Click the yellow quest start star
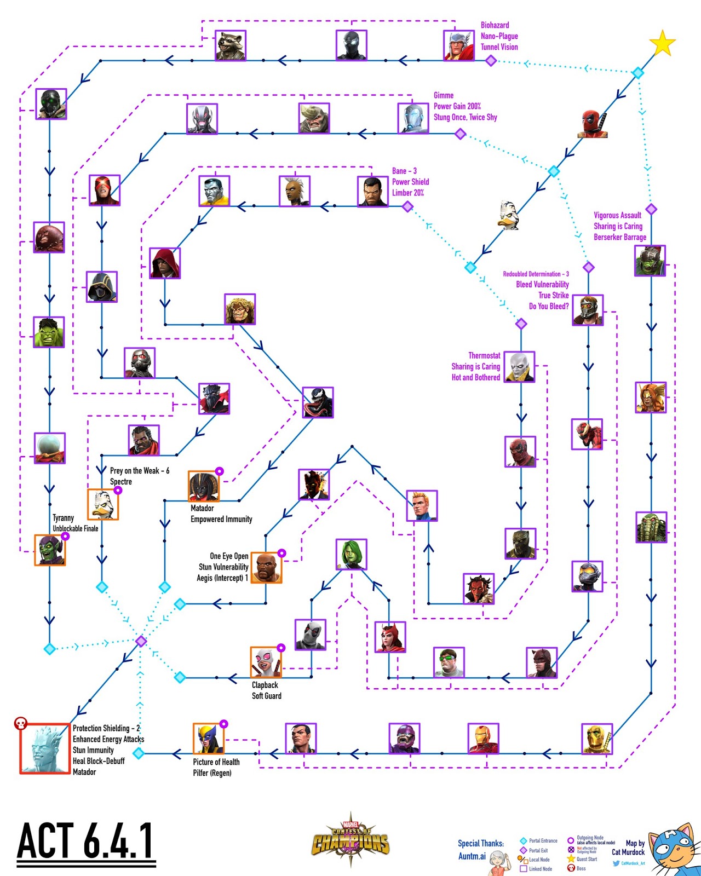coord(662,44)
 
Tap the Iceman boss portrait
coord(45,748)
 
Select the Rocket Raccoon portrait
coord(231,45)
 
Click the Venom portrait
coord(318,402)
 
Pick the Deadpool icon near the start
coord(593,124)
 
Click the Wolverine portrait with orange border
coord(209,739)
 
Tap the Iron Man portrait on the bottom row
coord(484,738)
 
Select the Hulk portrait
coord(49,332)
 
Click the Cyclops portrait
coord(105,190)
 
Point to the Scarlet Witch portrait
coord(390,637)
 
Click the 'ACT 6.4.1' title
coord(86,842)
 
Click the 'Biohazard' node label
coord(495,25)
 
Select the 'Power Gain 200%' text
coord(457,106)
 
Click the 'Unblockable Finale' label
coord(76,528)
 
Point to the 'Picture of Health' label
coord(216,762)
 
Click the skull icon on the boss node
coord(21,724)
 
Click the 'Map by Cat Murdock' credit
coord(629,848)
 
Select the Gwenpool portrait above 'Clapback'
coord(266,662)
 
